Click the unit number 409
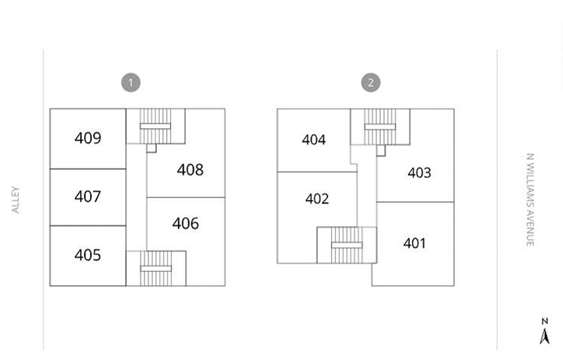click(x=88, y=138)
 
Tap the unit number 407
click(x=88, y=196)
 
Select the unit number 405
click(x=88, y=255)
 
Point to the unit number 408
click(x=190, y=170)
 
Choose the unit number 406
click(x=185, y=223)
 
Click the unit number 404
click(x=314, y=140)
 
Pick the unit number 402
click(x=317, y=199)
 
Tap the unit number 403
click(x=419, y=173)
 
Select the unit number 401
click(x=414, y=243)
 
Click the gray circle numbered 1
click(x=131, y=82)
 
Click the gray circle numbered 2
click(x=371, y=82)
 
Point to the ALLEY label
click(x=16, y=200)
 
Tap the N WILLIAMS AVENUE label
click(x=530, y=200)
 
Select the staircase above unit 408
click(x=155, y=126)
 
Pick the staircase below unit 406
click(x=156, y=268)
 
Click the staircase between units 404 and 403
click(x=380, y=127)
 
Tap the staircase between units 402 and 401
click(x=347, y=245)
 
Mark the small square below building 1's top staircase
click(x=151, y=148)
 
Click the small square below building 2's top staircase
click(x=381, y=151)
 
